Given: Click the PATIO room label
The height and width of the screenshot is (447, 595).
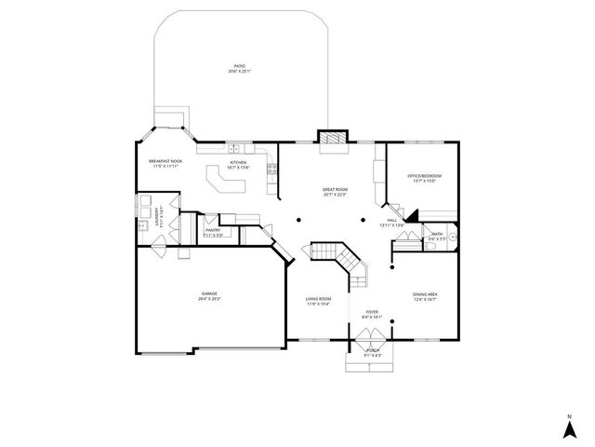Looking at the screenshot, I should click(239, 67).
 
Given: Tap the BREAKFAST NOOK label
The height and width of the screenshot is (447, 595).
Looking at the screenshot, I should click(165, 161).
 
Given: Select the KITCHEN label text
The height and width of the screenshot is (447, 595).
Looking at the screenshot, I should click(238, 161).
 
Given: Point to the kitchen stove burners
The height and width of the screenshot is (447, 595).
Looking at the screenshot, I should click(273, 169).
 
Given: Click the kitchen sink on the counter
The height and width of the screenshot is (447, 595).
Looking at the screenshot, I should click(236, 148).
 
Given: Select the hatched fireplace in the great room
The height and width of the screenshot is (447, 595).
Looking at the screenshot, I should click(333, 139).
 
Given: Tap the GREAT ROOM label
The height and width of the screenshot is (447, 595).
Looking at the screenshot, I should click(335, 189).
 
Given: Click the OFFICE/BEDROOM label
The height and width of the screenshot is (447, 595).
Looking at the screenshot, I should click(424, 175).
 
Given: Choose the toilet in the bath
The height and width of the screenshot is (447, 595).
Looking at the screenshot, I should click(452, 237).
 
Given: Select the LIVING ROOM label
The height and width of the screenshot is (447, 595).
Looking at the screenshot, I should click(319, 298).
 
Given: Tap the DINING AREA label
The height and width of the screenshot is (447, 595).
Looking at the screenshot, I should click(425, 294).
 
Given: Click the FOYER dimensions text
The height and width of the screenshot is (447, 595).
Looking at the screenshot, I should click(372, 317).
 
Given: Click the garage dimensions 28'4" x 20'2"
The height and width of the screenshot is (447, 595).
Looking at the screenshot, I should click(208, 300).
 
